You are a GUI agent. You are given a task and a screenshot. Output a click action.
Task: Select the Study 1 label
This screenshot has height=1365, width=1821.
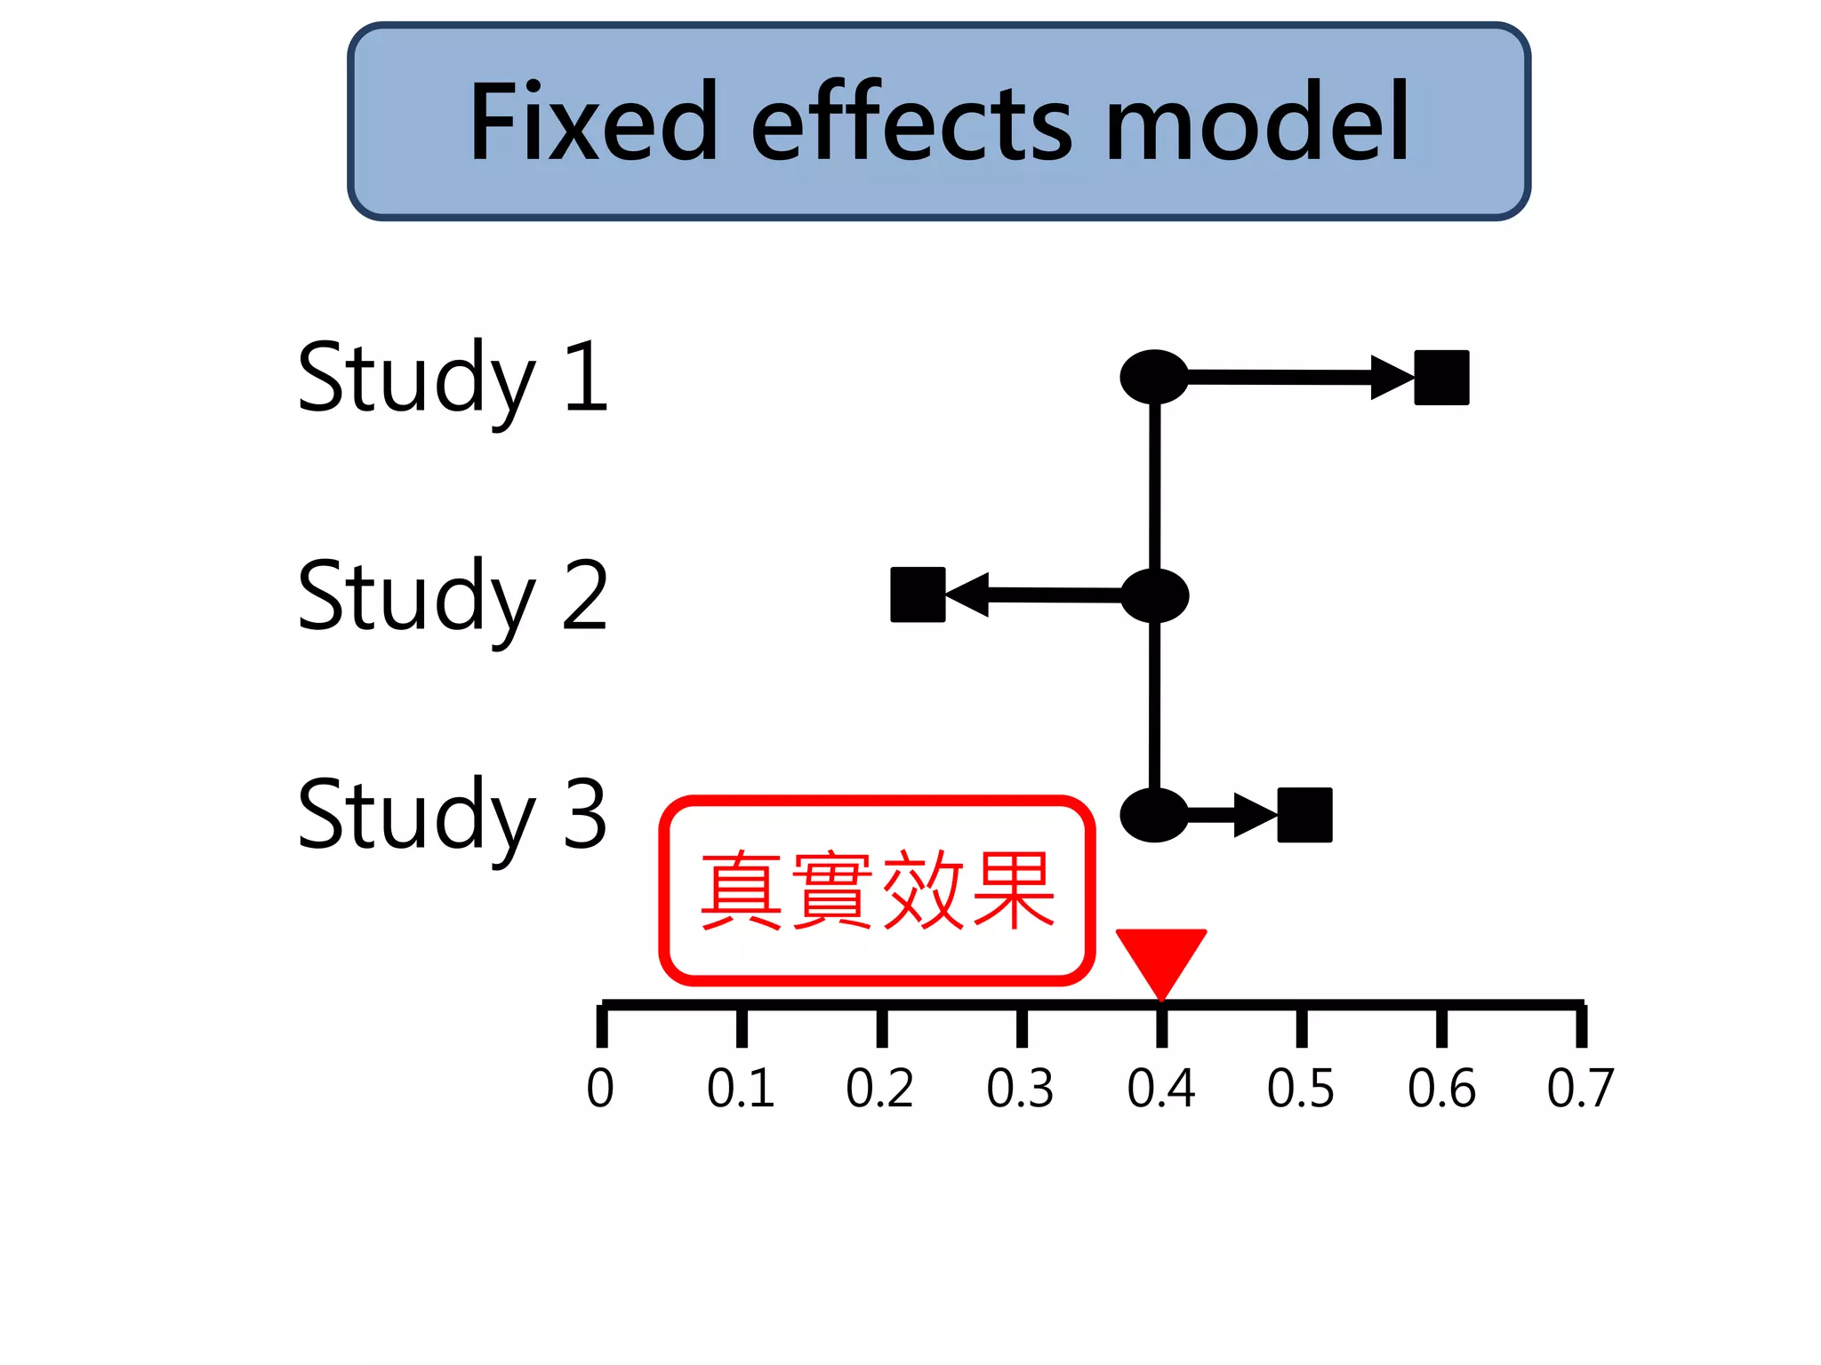pyautogui.click(x=452, y=378)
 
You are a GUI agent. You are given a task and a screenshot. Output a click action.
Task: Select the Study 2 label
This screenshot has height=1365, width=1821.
pyautogui.click(x=452, y=596)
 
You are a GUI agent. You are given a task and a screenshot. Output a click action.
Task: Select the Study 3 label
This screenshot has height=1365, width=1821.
pyautogui.click(x=452, y=814)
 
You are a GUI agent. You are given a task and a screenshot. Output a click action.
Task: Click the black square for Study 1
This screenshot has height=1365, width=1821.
pyautogui.click(x=1441, y=378)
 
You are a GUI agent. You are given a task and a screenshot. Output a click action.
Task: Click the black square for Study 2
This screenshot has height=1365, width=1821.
pyautogui.click(x=918, y=595)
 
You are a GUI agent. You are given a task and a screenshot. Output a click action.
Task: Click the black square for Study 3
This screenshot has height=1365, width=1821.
pyautogui.click(x=1304, y=815)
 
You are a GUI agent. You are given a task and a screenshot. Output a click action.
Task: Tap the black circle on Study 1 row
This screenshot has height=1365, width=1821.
pyautogui.click(x=1154, y=377)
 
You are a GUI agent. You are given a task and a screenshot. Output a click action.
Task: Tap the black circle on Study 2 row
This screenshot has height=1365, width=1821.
pyautogui.click(x=1154, y=595)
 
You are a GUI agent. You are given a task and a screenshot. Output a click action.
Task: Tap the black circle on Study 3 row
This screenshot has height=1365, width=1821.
pyautogui.click(x=1154, y=814)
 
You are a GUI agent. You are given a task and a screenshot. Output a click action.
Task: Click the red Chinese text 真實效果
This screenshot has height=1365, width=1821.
pyautogui.click(x=877, y=890)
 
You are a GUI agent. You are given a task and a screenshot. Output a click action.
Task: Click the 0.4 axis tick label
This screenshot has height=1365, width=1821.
pyautogui.click(x=1160, y=1089)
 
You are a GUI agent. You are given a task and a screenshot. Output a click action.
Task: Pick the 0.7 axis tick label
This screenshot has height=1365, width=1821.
pyautogui.click(x=1580, y=1089)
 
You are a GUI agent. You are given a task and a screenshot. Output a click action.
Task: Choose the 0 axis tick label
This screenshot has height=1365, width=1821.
pyautogui.click(x=600, y=1089)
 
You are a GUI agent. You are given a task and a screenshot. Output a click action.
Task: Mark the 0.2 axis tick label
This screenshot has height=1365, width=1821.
pyautogui.click(x=879, y=1089)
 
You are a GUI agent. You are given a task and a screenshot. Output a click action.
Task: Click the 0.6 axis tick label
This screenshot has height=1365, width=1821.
pyautogui.click(x=1440, y=1089)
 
